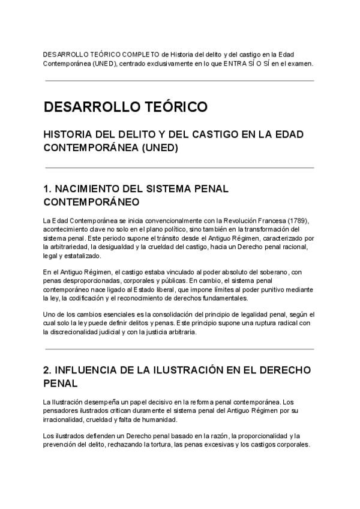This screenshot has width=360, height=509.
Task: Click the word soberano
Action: point(279,272)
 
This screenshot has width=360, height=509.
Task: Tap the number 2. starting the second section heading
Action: point(49,369)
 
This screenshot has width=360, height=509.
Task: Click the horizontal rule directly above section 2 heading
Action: point(179,349)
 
